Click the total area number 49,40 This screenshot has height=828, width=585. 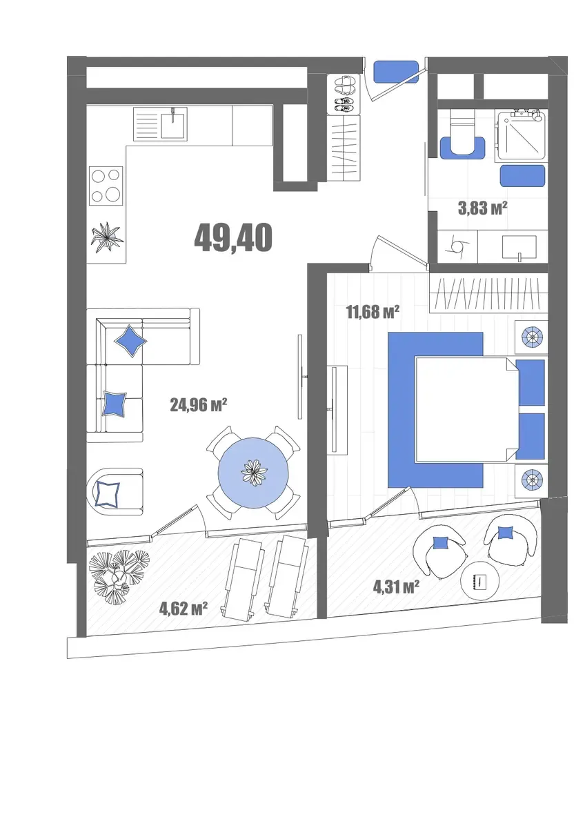click(233, 237)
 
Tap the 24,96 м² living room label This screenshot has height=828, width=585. click(198, 405)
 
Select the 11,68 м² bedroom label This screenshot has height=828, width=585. click(373, 313)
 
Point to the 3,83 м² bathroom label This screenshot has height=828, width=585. click(482, 209)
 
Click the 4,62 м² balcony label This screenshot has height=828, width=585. click(184, 609)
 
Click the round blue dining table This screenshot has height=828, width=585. click(253, 473)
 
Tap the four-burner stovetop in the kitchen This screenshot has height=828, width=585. click(106, 186)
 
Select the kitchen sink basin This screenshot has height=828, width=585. click(174, 124)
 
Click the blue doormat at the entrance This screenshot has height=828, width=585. click(396, 72)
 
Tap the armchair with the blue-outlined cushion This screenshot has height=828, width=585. click(115, 492)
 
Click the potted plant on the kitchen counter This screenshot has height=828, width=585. click(107, 237)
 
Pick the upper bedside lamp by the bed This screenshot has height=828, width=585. click(532, 337)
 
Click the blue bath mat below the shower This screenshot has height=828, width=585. click(522, 176)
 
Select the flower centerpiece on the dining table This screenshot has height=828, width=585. click(254, 472)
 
